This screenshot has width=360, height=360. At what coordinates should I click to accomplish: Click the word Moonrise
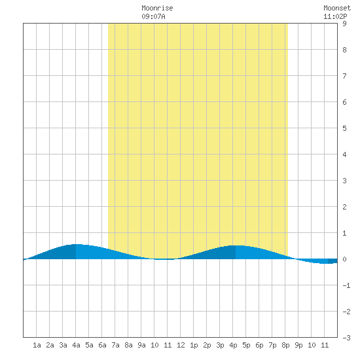coord(157,8)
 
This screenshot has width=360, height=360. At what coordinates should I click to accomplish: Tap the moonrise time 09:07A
coord(153,16)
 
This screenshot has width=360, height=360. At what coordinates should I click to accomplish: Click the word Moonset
coord(337,8)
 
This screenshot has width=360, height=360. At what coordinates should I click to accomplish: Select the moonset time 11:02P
coord(335,16)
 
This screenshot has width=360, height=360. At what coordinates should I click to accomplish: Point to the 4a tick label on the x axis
coord(76,345)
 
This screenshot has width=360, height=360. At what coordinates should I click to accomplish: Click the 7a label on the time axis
coord(115,345)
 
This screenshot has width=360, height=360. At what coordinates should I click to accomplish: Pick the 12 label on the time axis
coord(181,345)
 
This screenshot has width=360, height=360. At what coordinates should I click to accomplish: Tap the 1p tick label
coord(194,345)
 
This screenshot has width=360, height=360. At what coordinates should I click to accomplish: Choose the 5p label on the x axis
coord(246,345)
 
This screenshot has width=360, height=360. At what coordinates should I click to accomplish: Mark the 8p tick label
coord(285,345)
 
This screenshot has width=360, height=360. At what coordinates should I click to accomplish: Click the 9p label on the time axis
coord(298,345)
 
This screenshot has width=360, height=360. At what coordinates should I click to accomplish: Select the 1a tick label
coord(37,345)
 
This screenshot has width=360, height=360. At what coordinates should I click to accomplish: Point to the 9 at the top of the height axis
coord(344,24)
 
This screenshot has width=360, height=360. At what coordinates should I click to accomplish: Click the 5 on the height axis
coord(344,128)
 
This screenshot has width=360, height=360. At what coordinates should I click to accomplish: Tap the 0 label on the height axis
coord(344,259)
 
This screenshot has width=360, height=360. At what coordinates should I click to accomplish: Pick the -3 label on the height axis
coord(346,338)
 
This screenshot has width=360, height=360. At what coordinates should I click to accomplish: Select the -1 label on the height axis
coord(346,285)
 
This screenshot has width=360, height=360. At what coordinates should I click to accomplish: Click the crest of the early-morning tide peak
coord(77,244)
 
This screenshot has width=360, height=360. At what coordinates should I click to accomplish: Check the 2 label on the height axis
coord(344,207)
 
